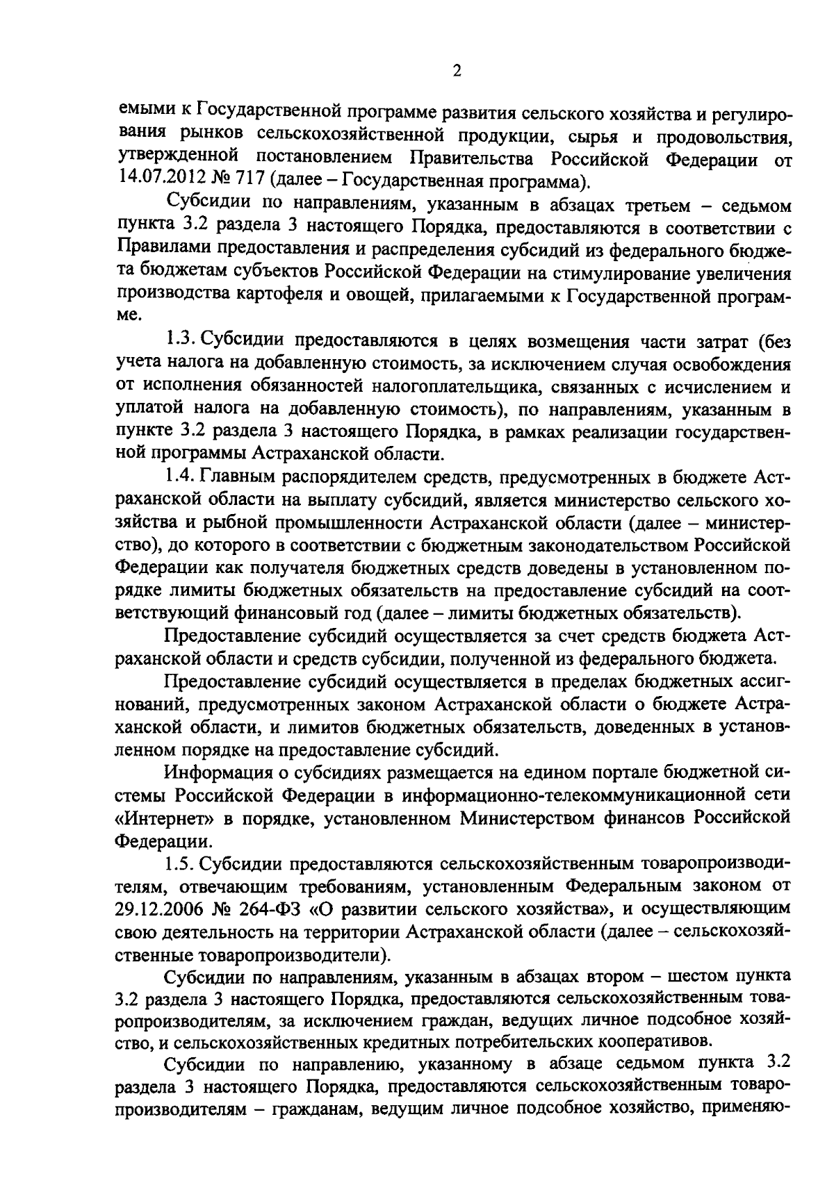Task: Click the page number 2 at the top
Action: (x=456, y=71)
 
